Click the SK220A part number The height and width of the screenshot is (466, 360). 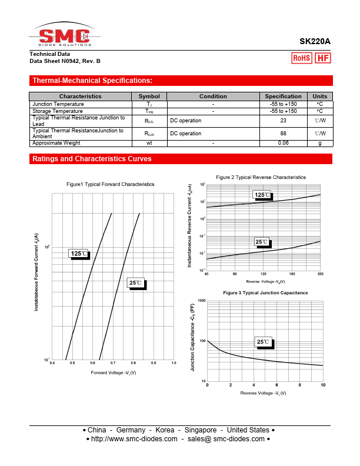click(x=315, y=42)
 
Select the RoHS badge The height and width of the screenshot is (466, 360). click(x=302, y=58)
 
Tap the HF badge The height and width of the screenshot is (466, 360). click(x=323, y=58)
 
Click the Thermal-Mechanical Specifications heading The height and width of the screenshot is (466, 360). click(x=92, y=81)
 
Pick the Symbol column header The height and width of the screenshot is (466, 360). click(x=149, y=96)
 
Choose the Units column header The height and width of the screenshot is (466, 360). click(x=320, y=96)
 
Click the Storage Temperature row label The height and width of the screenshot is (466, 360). click(x=58, y=111)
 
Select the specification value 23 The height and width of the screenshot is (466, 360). click(x=283, y=121)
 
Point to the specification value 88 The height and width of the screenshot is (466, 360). click(x=283, y=134)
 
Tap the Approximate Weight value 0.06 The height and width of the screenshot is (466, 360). click(x=283, y=143)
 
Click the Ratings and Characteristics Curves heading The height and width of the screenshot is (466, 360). click(x=92, y=159)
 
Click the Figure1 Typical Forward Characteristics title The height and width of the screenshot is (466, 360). click(x=111, y=184)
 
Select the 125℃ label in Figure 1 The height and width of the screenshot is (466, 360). click(x=79, y=254)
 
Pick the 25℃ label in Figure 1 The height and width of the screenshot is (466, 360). click(x=136, y=283)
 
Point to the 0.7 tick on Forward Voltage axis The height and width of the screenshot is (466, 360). click(x=113, y=364)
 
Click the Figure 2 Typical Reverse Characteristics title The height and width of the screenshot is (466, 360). click(x=261, y=177)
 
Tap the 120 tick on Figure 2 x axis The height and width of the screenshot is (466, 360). click(x=264, y=274)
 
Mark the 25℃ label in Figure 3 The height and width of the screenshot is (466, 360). click(x=263, y=342)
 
